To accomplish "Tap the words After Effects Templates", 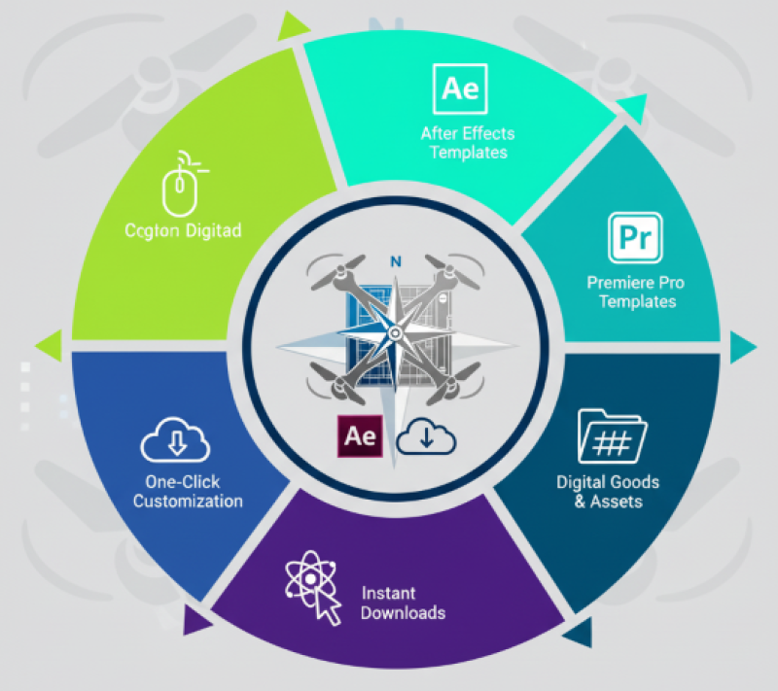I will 468,142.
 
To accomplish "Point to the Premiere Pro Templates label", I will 637,292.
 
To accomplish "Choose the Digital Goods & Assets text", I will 608,492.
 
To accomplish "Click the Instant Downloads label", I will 403,603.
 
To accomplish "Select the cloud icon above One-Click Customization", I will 176,441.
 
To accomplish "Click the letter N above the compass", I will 395,261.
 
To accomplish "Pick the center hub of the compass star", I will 395,333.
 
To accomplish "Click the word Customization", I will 188,501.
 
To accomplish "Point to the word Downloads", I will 403,612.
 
